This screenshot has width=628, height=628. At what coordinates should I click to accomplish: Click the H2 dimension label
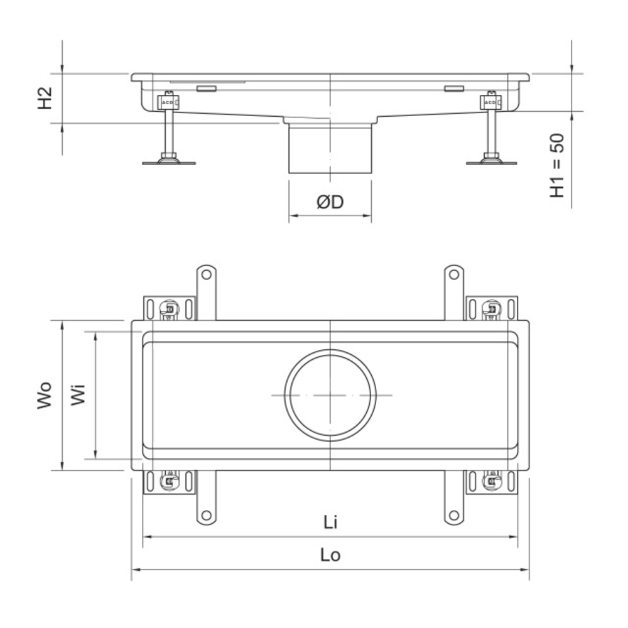[x=45, y=98]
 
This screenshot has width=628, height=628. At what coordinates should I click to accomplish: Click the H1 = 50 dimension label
[x=556, y=165]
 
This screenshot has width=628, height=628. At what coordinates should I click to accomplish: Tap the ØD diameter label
[x=330, y=202]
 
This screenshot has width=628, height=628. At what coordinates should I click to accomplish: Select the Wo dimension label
[x=45, y=395]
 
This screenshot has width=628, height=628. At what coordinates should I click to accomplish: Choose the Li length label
[x=330, y=522]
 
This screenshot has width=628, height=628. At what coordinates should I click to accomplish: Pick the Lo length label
[x=330, y=555]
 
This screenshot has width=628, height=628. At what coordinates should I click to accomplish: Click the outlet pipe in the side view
[x=330, y=148]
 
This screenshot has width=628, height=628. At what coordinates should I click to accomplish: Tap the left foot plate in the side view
[x=169, y=163]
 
